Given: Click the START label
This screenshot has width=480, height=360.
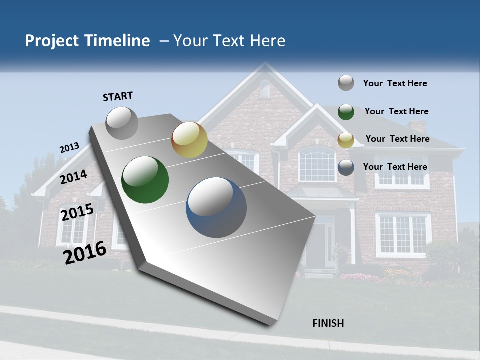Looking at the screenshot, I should [x=118, y=96].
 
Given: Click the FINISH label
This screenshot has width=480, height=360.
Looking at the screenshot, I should [x=328, y=323].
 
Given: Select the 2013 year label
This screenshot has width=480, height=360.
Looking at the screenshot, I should [x=69, y=148].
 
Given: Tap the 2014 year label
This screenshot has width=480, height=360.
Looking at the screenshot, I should [x=74, y=177].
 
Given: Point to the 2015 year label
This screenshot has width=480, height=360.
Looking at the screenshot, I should [x=77, y=212].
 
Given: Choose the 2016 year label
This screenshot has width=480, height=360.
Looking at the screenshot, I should [x=85, y=253].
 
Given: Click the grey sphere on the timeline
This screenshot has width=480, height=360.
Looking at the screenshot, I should [x=122, y=123].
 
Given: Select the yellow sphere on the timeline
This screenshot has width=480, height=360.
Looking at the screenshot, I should [x=189, y=140].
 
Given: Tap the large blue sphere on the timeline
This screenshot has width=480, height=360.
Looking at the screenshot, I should [x=216, y=207].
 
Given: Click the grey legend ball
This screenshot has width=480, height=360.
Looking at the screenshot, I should [x=346, y=83].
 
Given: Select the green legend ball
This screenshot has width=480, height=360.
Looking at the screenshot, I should [x=346, y=112].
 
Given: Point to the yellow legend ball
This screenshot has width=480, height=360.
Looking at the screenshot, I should [x=346, y=140].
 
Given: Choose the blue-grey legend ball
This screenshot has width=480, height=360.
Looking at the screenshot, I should [x=346, y=167].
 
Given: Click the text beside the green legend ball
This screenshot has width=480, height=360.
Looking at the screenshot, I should [x=396, y=111].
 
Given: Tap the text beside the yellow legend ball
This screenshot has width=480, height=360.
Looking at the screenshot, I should [x=397, y=139].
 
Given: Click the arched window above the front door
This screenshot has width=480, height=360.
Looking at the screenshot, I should [x=317, y=164].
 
